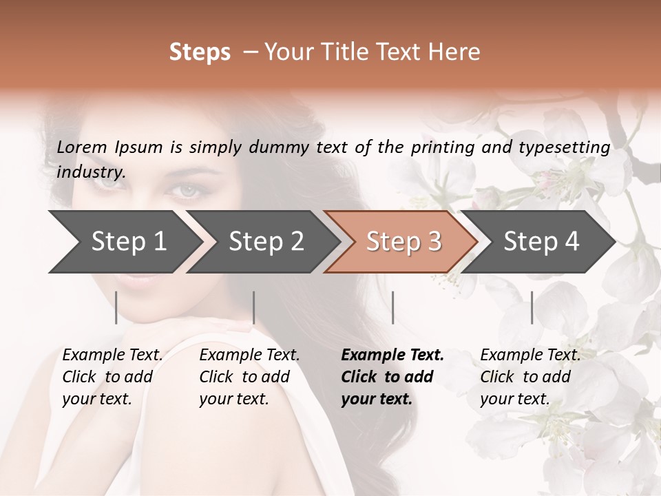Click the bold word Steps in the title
coord(200,52)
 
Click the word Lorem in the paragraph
coord(82,147)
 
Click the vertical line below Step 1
coord(116,307)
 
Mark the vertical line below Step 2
coord(254,307)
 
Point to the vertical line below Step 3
coord(392,307)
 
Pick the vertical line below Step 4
coord(532,307)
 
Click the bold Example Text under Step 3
coord(392,355)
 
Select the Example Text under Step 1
coord(112,355)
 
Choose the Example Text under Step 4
coord(530,355)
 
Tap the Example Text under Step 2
coord(249,355)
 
